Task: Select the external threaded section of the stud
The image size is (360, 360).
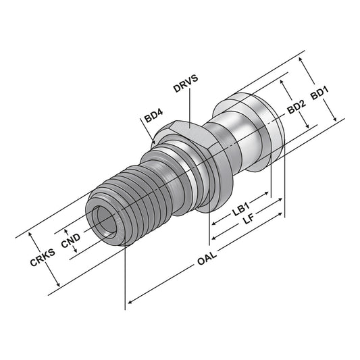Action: point(128,196)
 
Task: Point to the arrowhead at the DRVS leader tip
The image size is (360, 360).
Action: point(191,122)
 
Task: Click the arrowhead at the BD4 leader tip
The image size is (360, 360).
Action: point(155,141)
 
